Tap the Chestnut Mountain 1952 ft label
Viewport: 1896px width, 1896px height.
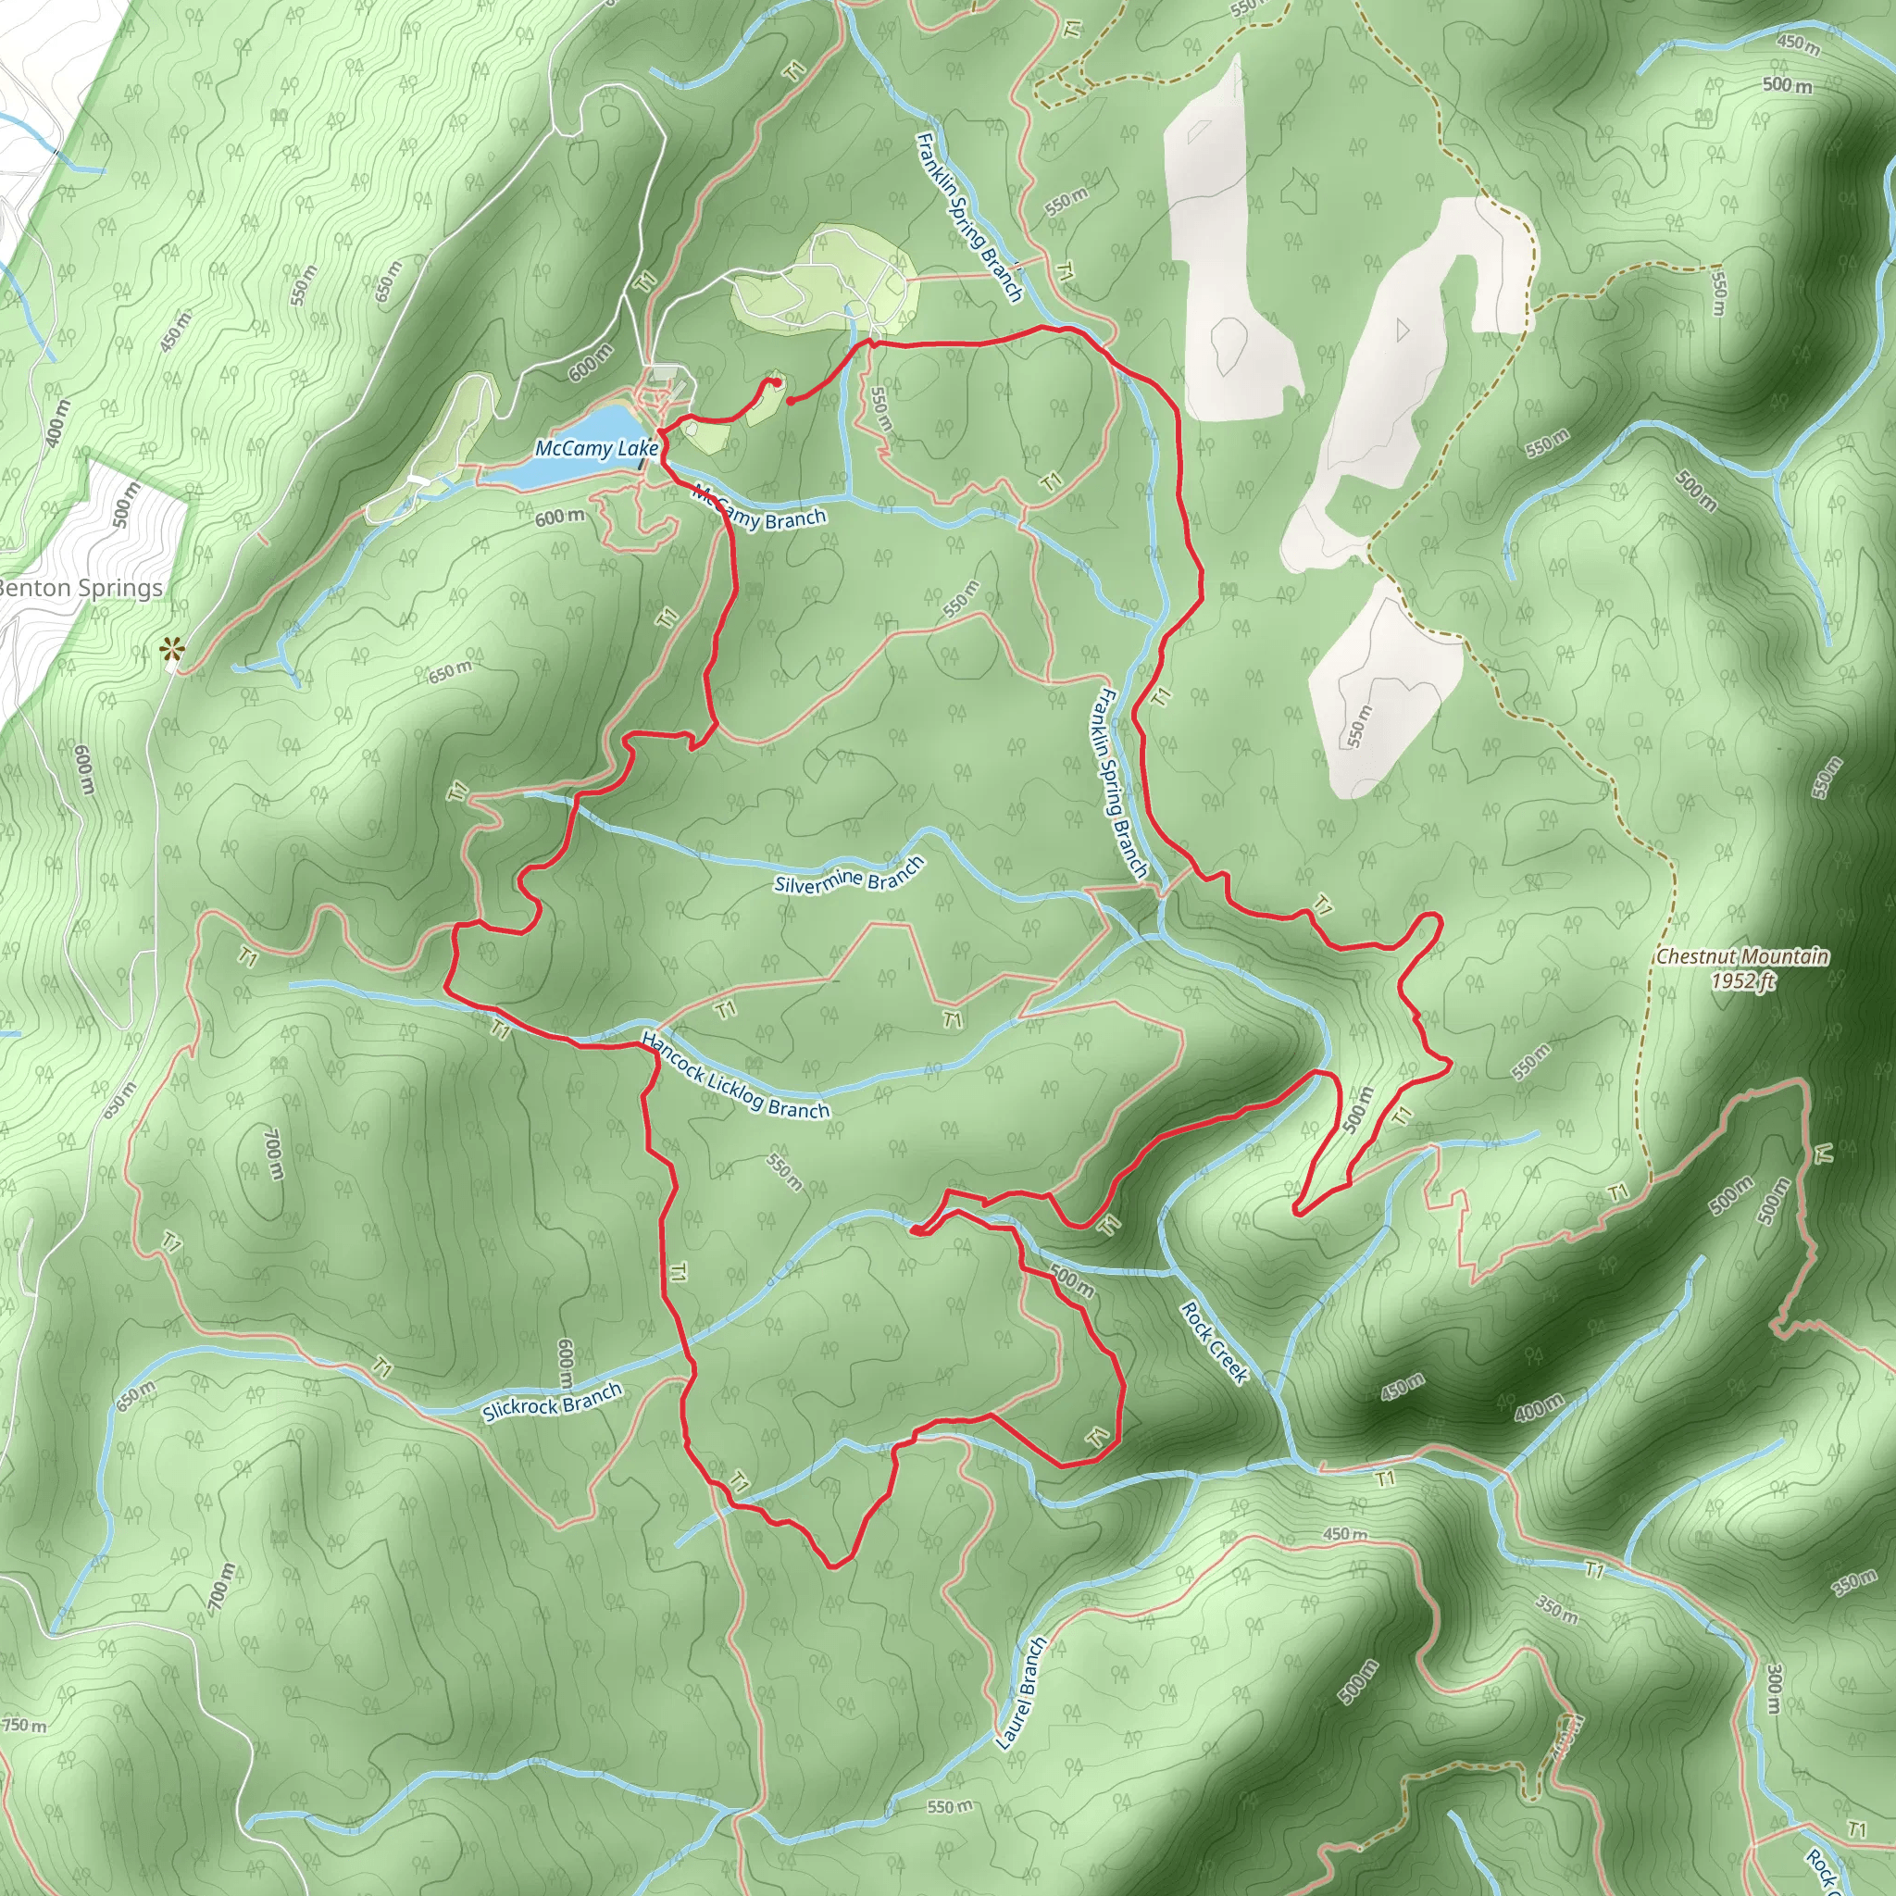1742,967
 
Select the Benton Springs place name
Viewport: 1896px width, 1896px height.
81,588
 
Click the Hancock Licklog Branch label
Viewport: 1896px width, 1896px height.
735,1076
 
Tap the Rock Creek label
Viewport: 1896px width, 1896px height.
1214,1342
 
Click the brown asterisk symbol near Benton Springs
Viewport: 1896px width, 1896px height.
173,649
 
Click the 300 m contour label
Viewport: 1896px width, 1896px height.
1773,1688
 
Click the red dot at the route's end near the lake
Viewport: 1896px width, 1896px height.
790,400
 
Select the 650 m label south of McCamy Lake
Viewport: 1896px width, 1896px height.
451,672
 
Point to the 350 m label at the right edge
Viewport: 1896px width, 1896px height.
1854,1582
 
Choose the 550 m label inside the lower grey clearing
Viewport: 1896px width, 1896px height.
1359,725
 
